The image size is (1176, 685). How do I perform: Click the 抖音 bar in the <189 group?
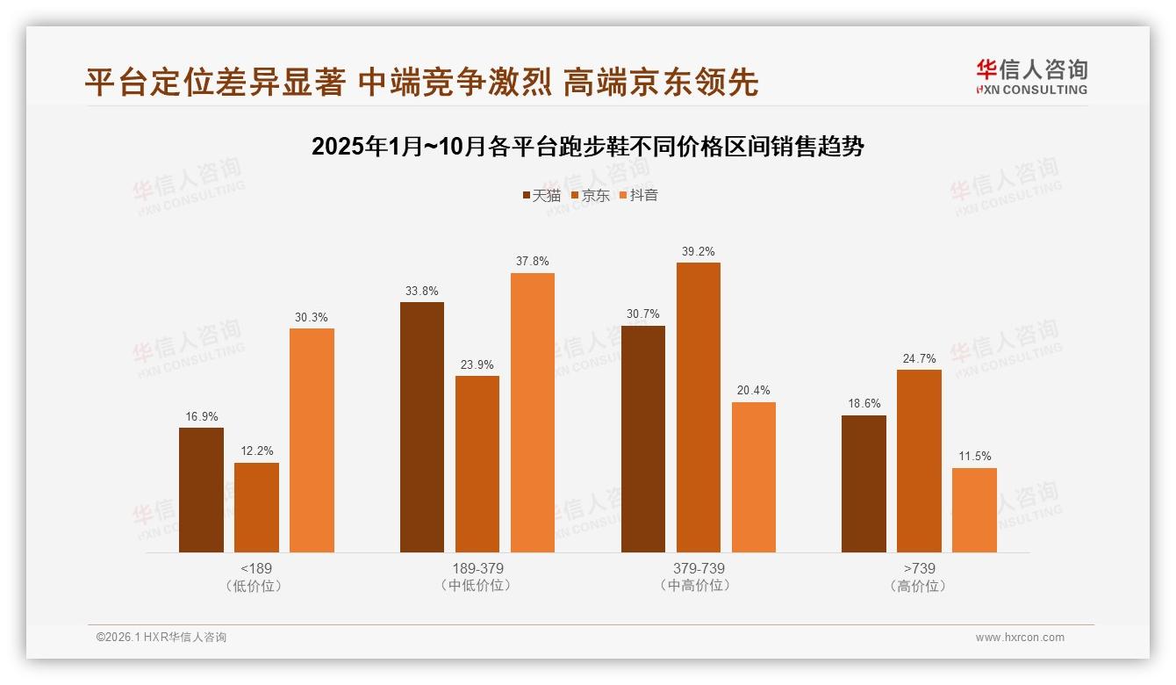(312, 440)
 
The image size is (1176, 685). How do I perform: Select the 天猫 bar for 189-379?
(422, 427)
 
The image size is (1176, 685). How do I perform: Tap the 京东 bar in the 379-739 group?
(698, 407)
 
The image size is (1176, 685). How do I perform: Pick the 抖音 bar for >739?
(974, 510)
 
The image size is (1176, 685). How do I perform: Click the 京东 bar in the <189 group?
(256, 508)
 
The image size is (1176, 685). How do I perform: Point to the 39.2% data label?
(698, 252)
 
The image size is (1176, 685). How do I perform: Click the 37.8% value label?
(532, 262)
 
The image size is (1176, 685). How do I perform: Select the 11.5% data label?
(974, 457)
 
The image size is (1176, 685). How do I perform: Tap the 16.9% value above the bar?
(201, 416)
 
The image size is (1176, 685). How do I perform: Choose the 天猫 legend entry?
(541, 195)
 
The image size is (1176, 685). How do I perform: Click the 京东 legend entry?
(590, 195)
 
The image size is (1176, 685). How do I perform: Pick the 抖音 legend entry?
(638, 195)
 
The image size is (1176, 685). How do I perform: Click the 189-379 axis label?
(477, 568)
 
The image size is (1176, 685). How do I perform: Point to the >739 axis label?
(919, 568)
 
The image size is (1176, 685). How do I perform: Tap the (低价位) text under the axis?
(256, 586)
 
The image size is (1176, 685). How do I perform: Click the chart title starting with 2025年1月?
(587, 147)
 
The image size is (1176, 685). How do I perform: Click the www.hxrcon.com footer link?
(1020, 638)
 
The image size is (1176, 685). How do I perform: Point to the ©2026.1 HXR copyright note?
(161, 638)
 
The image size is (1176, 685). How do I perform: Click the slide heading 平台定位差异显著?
(421, 83)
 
